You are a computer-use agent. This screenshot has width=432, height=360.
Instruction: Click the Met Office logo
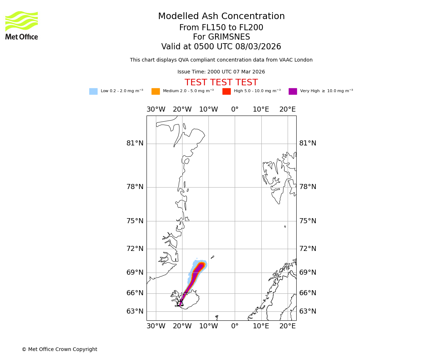tap(22, 25)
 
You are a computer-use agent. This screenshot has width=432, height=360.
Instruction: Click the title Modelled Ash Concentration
tap(221, 17)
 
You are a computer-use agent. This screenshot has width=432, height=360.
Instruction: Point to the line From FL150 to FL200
tap(221, 28)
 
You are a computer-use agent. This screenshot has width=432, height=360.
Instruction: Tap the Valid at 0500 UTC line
tap(221, 47)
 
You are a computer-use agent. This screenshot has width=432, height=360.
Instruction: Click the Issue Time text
tap(221, 72)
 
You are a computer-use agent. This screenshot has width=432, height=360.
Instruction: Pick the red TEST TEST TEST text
tap(221, 82)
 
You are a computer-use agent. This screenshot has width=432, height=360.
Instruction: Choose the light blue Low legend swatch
tap(93, 91)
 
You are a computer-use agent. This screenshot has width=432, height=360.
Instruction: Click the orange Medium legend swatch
tap(156, 91)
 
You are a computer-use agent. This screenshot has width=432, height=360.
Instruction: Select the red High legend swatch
tap(226, 91)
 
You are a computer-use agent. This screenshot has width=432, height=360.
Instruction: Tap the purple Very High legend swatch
tap(293, 91)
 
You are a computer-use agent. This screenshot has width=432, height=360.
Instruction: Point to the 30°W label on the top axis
tap(156, 109)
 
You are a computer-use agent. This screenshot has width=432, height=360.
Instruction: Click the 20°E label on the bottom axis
tap(288, 326)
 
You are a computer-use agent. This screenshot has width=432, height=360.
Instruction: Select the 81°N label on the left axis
tap(135, 143)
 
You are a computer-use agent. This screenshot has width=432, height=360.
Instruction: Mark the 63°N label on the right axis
tap(308, 311)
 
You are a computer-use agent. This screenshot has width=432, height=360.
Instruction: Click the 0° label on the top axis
tap(235, 109)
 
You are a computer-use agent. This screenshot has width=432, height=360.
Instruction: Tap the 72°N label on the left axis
tap(135, 249)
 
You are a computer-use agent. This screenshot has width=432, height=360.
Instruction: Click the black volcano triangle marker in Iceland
tap(181, 303)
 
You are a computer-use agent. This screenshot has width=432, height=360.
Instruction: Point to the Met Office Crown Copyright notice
tap(59, 349)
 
